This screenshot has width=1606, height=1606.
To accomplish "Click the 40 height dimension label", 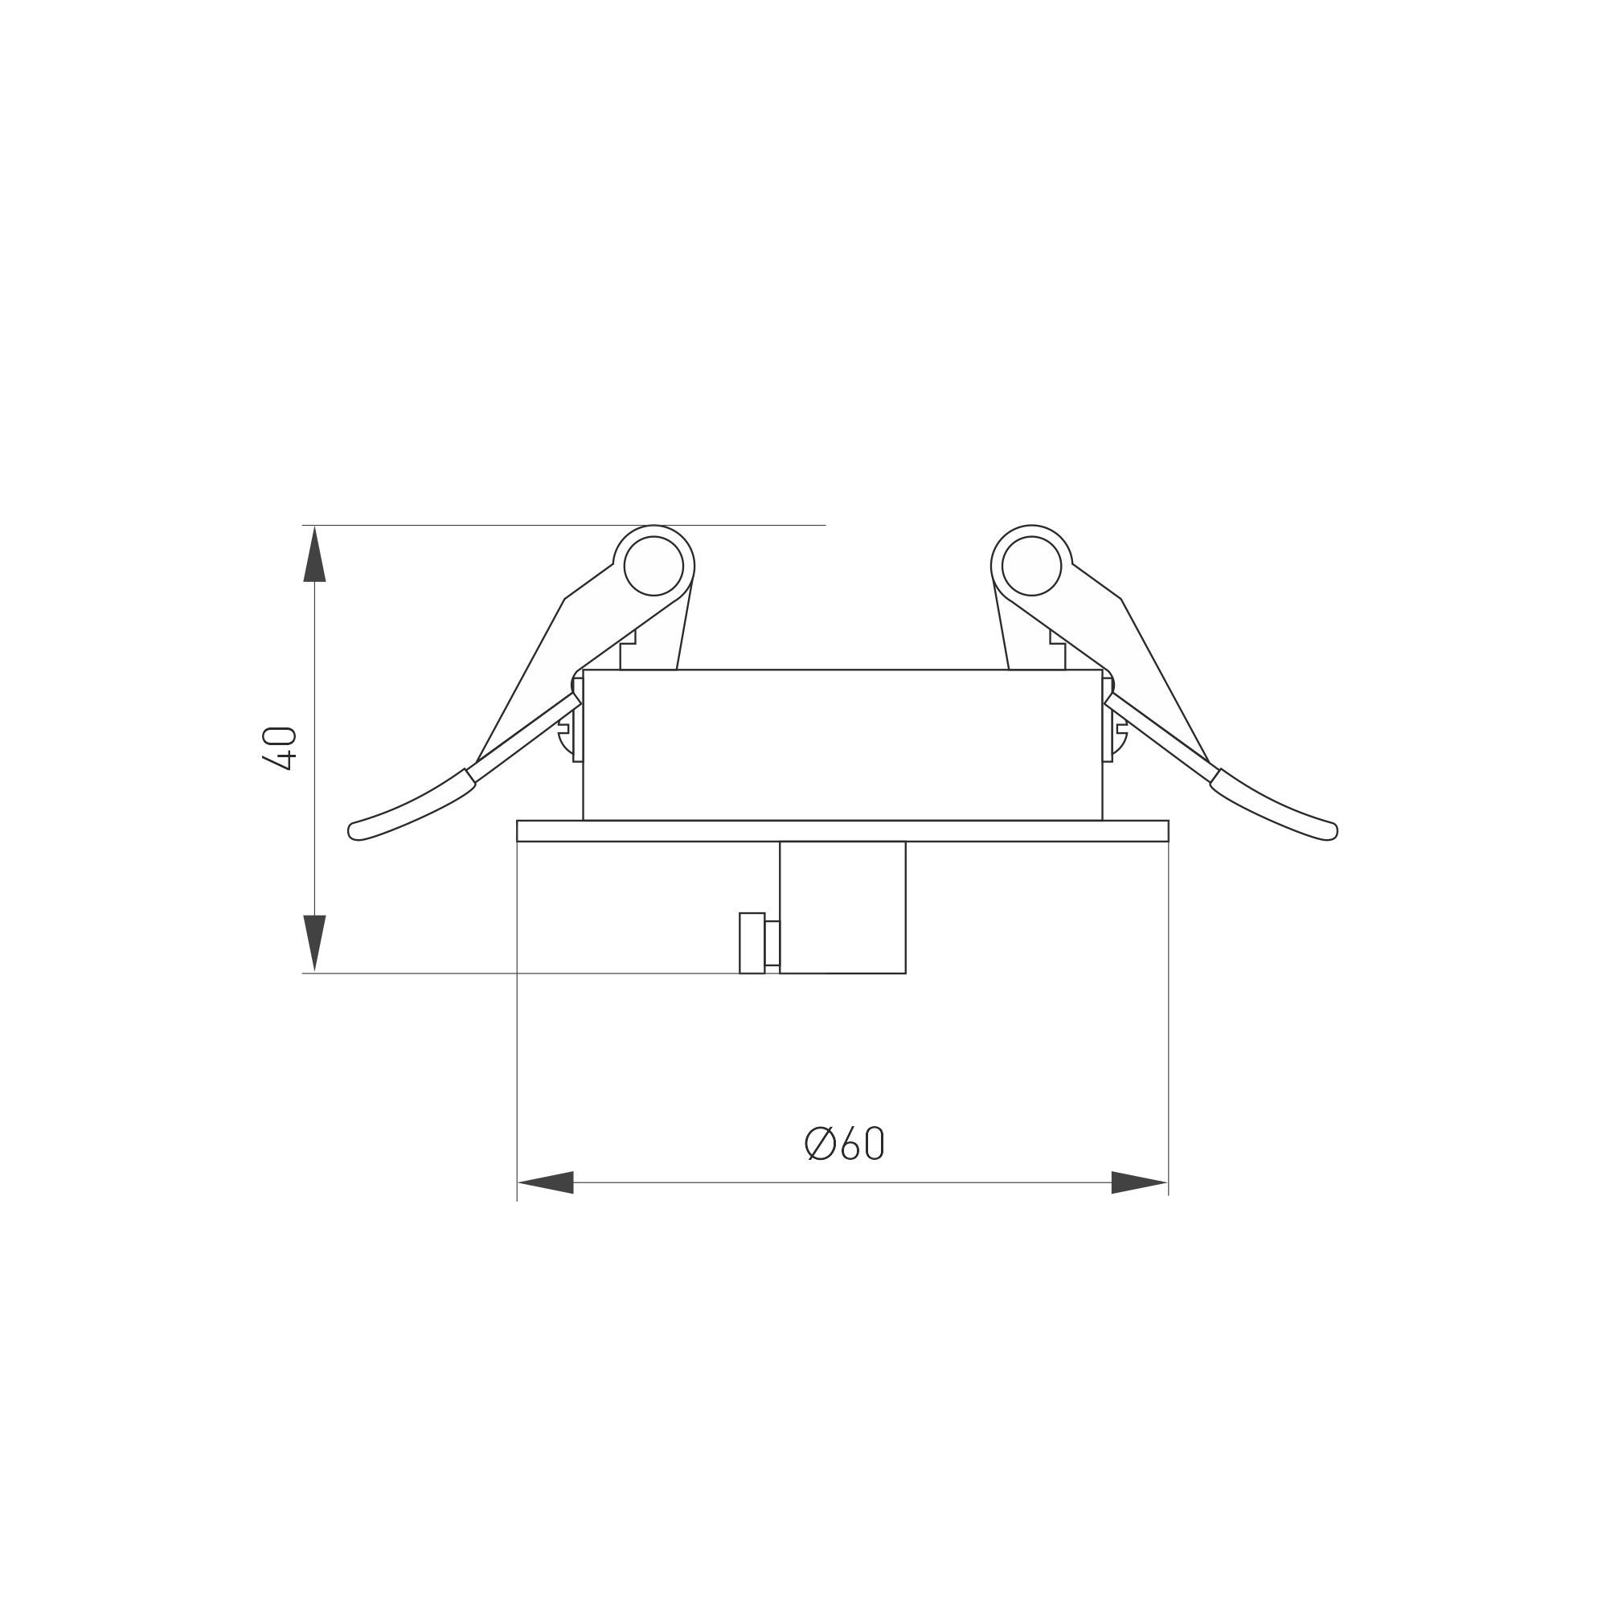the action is pos(278,748).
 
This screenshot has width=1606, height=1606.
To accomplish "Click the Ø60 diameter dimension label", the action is pos(845,1144).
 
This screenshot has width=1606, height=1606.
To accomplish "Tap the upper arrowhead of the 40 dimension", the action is pos(314,554).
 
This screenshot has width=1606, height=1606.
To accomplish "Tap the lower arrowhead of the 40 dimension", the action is pos(314,944).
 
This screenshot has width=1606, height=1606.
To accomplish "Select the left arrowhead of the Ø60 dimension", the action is pos(545,1182).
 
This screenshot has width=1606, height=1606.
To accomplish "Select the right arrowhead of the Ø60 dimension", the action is pos(1140,1182).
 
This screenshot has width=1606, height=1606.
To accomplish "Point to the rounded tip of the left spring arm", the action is pos(356,830).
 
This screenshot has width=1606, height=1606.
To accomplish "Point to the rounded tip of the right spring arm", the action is pos(1329,830).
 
